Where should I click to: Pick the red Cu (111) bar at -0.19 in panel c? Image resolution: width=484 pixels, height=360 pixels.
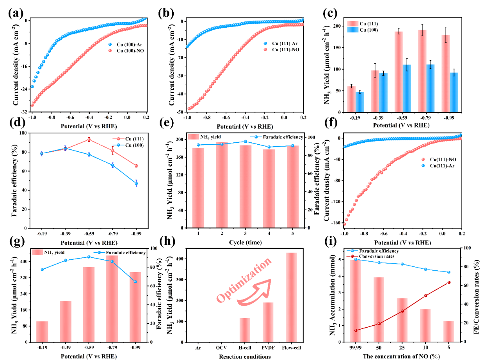[351, 99]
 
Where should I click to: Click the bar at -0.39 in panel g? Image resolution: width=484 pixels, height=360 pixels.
[66, 321]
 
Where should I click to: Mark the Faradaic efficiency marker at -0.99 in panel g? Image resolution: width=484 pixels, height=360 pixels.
[135, 282]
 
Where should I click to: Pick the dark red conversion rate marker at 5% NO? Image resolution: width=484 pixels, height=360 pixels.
[449, 282]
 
